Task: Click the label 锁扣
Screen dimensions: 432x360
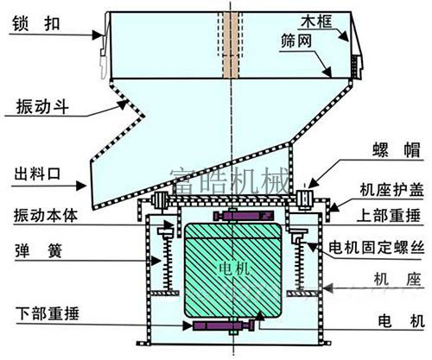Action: coord(36,23)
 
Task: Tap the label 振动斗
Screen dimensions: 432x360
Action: coord(42,107)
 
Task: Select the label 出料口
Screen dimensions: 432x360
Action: coord(37,174)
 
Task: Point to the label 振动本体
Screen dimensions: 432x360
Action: coord(46,216)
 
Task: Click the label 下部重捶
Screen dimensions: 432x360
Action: coord(48,313)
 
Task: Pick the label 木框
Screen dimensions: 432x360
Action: coord(316,22)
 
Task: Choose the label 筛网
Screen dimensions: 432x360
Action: coord(296,41)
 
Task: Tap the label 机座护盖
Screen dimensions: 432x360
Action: coord(391,190)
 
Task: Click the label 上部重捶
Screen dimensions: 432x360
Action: coord(389,216)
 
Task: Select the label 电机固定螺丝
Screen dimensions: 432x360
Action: coord(377,248)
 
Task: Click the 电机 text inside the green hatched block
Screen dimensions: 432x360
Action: coord(233,269)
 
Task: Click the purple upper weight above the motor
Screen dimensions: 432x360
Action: coord(243,216)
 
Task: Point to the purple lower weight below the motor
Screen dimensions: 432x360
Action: coord(223,325)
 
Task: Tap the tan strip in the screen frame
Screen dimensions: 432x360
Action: coord(231,45)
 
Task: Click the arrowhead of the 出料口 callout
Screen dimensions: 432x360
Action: coord(82,186)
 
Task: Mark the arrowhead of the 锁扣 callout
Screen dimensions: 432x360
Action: coord(98,35)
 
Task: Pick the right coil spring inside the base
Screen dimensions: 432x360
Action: coord(300,265)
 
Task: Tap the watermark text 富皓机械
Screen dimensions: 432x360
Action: coord(230,180)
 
